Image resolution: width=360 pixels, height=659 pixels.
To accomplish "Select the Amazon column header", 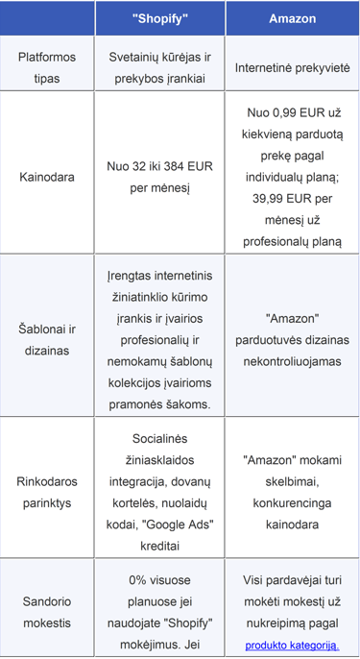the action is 292,18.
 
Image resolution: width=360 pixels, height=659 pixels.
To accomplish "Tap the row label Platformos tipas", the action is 47,67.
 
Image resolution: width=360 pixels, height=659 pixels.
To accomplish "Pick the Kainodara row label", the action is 47,176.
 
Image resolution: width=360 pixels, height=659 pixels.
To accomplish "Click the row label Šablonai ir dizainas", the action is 47,340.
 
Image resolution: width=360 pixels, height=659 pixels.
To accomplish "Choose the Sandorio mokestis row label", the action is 47,611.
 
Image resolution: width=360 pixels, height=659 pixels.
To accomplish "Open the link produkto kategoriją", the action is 292,645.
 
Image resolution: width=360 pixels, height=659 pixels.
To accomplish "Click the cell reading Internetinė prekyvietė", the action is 292,68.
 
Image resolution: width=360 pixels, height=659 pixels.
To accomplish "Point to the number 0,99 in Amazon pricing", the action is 283,112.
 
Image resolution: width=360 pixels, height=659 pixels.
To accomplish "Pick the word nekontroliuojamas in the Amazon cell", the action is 292,361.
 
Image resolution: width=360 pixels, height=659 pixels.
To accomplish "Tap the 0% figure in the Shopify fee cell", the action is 138,580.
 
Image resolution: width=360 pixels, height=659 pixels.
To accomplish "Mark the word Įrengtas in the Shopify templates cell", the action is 126,278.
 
